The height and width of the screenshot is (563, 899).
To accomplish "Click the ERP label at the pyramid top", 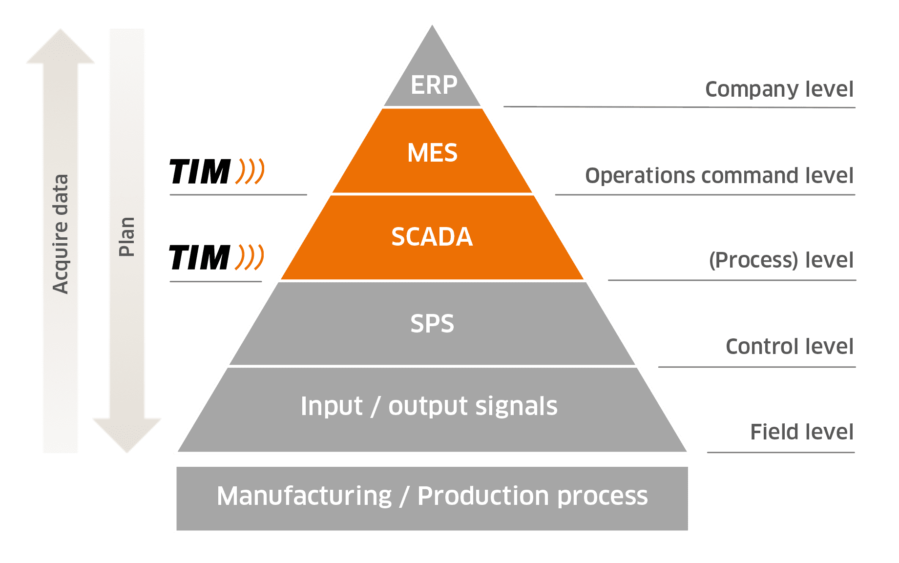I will (434, 85).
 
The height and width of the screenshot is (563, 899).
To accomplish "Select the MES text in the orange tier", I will (432, 153).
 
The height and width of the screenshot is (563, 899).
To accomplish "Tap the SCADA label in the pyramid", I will (432, 237).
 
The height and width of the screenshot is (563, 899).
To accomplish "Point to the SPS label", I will (432, 324).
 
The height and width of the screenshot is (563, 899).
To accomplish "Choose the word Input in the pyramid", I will (332, 406).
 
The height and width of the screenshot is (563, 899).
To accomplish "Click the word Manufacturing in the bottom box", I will (304, 496).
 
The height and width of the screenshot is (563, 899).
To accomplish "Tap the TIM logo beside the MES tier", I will (217, 171).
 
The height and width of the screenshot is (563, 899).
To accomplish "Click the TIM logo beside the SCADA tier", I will (216, 257).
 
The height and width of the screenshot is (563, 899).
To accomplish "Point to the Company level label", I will (779, 89).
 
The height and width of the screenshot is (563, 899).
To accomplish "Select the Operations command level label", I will (719, 175).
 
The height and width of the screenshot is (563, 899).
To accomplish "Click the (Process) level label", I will (781, 260).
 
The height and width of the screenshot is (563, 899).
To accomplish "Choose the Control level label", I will (790, 347).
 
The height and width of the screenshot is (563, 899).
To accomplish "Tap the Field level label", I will (802, 432).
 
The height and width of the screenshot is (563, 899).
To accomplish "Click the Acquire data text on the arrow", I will (61, 234).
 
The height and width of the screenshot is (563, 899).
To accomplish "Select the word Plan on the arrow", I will (126, 237).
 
